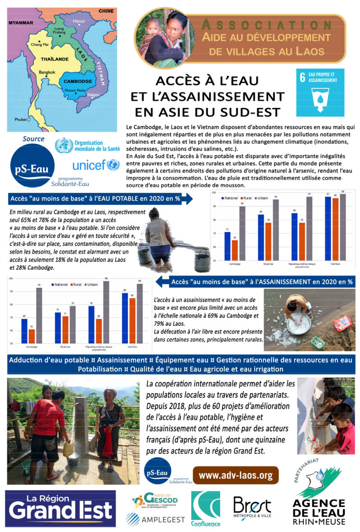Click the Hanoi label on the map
79,21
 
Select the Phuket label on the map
21,120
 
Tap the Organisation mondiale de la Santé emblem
63,146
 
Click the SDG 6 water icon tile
320,92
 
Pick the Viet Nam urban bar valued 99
343,228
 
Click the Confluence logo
206,509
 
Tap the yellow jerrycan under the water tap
68,448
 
